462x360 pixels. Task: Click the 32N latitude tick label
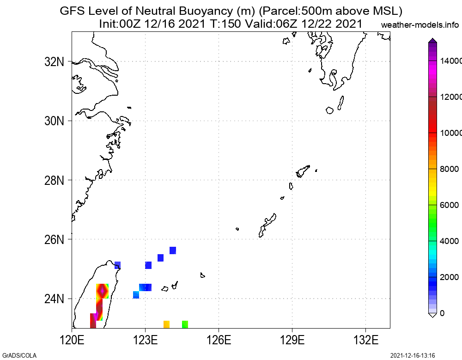(54, 62)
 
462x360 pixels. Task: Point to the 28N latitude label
(54, 180)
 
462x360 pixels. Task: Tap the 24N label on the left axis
(54, 299)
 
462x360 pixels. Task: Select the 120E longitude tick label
(72, 340)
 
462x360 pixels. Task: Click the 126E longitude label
(219, 340)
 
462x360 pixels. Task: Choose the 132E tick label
(365, 340)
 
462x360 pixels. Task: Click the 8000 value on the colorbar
(450, 169)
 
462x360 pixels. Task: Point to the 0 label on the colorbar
(442, 313)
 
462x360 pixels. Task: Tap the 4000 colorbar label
(450, 241)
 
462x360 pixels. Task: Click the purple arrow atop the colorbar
(432, 41)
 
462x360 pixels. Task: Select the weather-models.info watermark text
(420, 25)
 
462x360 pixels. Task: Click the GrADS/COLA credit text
(19, 355)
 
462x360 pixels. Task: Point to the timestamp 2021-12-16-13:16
(413, 355)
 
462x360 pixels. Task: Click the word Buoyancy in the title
(206, 11)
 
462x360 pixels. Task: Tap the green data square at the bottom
(185, 324)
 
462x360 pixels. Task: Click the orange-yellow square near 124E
(166, 324)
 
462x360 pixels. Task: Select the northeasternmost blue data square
(173, 250)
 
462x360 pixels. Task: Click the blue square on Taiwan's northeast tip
(117, 265)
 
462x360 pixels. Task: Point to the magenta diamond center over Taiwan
(102, 291)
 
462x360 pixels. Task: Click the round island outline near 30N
(330, 110)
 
